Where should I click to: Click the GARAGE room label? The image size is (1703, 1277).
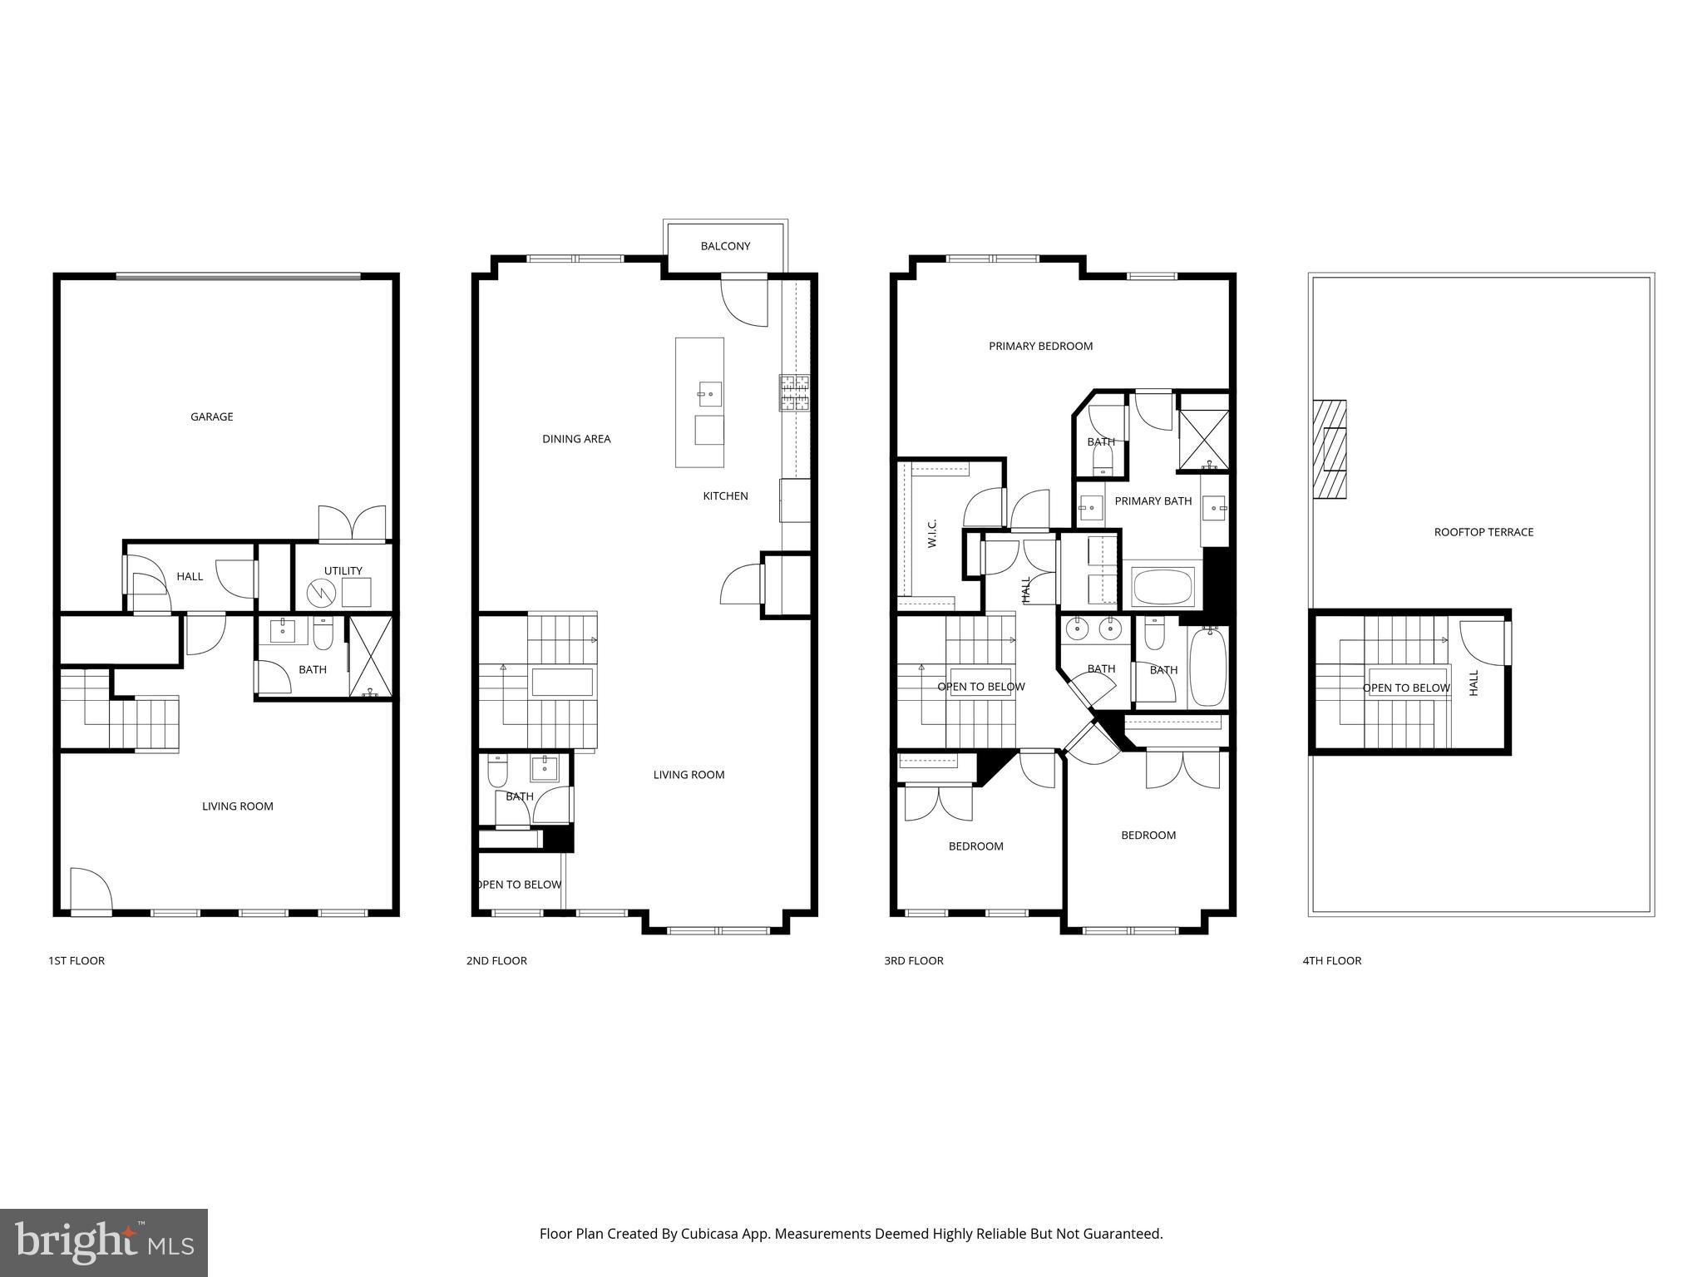point(211,417)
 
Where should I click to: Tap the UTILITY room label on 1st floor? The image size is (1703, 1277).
point(343,570)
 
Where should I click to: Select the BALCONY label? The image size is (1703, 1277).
point(725,246)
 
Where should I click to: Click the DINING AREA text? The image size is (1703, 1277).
point(576,439)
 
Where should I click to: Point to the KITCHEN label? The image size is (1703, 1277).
point(725,496)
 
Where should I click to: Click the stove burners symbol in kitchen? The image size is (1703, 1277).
point(794,393)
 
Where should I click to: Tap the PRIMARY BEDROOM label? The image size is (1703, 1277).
point(1040,346)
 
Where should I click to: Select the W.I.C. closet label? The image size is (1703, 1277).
point(931,533)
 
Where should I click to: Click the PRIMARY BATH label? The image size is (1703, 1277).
point(1153,500)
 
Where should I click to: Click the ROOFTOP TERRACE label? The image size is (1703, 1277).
point(1483,532)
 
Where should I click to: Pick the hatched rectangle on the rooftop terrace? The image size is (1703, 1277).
point(1329,449)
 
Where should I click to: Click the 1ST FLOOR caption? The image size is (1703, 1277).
point(77,960)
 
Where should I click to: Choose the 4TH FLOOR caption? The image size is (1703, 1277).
point(1331,960)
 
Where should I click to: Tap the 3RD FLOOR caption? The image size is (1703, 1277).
point(913,960)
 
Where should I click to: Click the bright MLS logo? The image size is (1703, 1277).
point(103,1243)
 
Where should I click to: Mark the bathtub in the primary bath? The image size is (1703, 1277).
point(1163,587)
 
